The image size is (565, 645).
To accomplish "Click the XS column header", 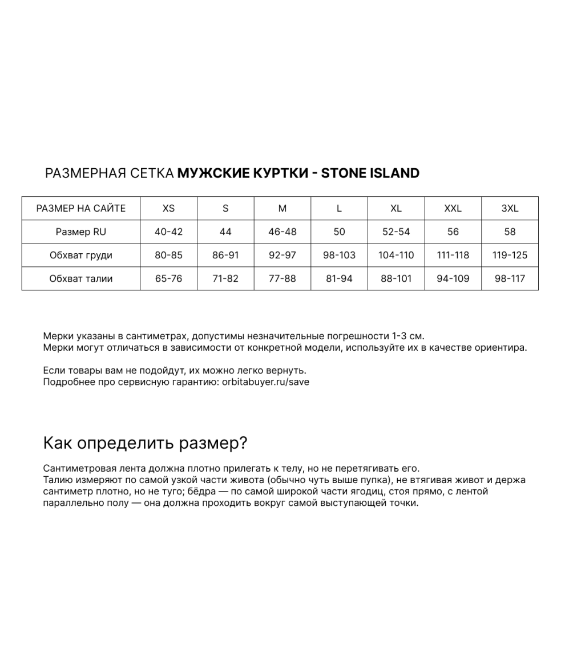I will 168,208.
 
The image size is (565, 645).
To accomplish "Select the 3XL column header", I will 510,208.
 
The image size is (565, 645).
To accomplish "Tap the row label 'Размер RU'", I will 80,232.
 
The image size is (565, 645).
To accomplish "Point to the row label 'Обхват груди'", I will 80,255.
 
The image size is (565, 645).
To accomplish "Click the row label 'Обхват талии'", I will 80,278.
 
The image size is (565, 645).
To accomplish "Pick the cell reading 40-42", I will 168,232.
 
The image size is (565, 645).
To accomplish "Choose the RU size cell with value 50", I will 339,232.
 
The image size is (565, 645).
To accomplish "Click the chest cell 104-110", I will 396,255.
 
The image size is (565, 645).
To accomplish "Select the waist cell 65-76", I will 168,278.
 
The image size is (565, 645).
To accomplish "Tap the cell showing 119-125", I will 510,255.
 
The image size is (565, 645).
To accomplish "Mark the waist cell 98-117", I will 510,278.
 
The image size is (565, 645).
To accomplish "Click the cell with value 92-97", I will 282,255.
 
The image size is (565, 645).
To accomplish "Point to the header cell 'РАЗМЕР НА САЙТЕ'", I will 80,208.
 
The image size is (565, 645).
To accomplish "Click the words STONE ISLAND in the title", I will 370,173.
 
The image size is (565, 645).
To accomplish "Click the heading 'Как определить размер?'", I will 145,443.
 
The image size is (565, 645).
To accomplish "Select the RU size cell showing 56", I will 453,232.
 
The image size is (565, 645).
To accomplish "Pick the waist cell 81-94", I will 339,278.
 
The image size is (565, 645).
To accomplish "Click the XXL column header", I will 453,208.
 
